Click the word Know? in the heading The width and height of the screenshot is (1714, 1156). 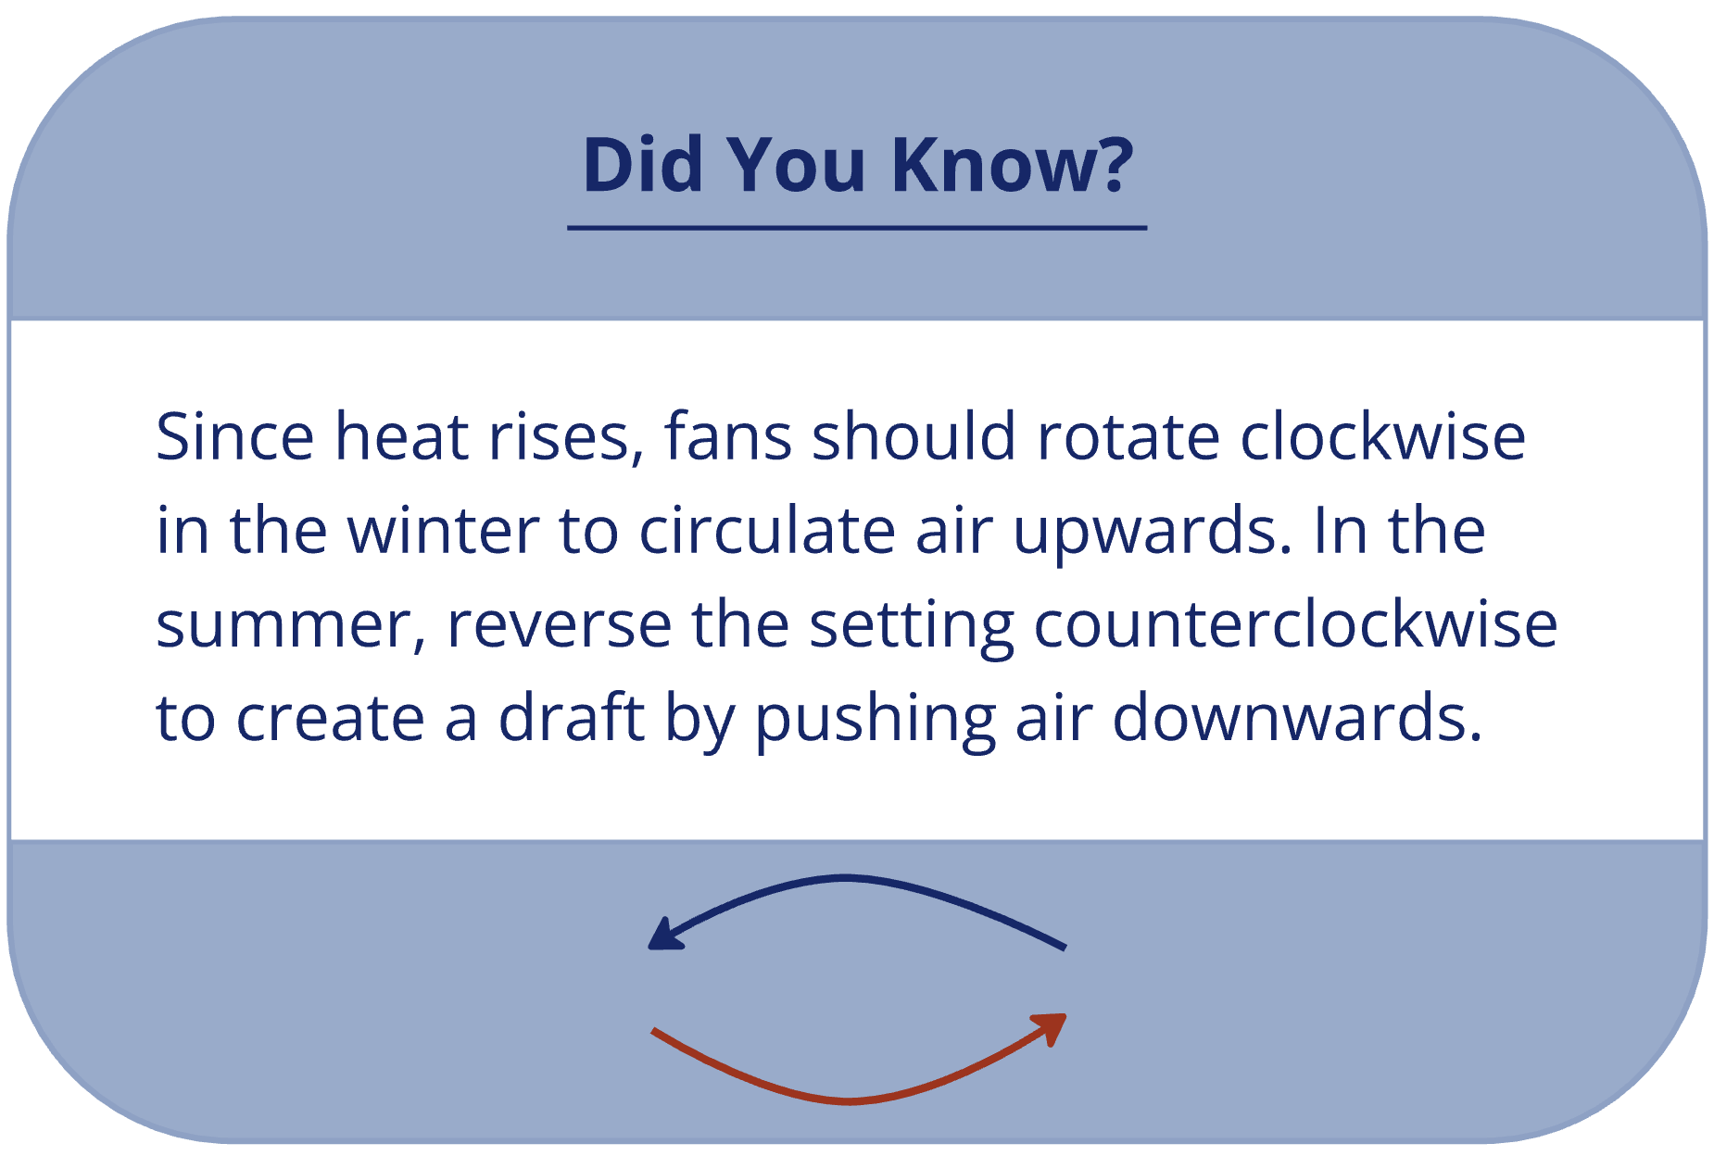coord(1013,164)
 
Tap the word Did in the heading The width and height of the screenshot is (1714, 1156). coord(643,164)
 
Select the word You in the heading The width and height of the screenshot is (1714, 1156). coord(796,164)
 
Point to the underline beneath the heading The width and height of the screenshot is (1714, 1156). coord(857,227)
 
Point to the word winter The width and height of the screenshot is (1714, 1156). coord(443,531)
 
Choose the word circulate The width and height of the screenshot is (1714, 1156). coord(767,531)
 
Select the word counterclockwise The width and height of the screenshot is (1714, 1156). coord(1295,625)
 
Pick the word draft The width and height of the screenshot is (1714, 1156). coord(571,718)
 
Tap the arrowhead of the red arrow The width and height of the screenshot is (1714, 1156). coord(1052,1026)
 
